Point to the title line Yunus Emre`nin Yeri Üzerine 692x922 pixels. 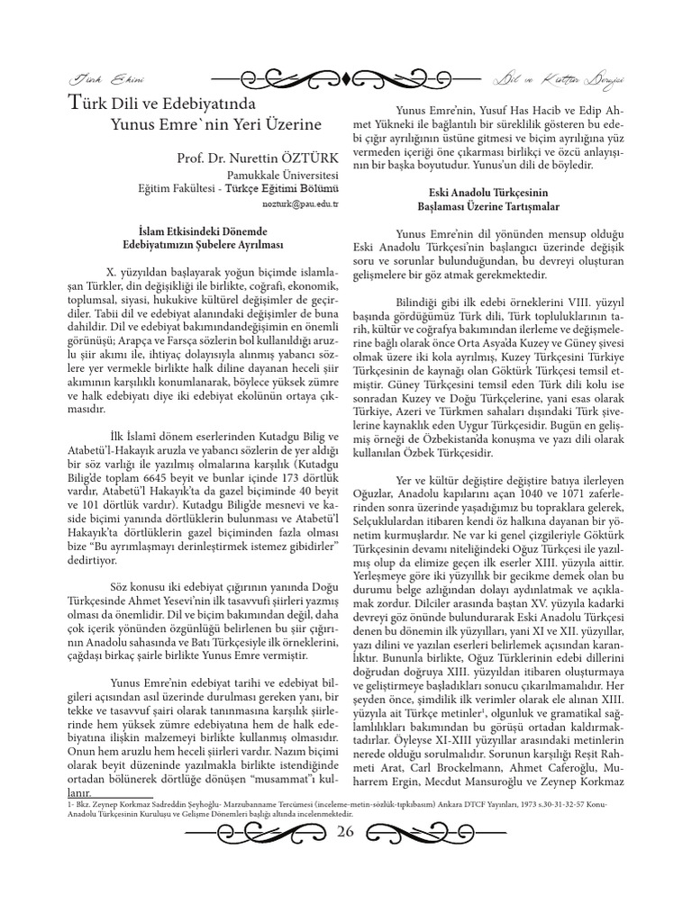coord(211,122)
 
